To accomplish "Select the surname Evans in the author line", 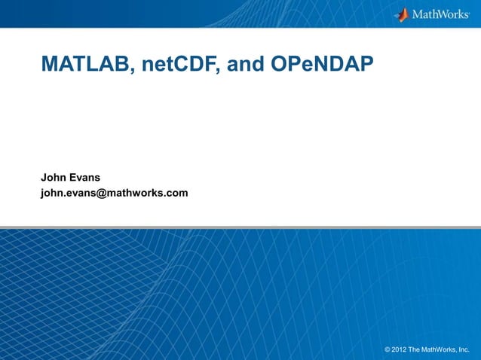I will [85, 178].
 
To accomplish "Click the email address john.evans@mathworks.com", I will [114, 194].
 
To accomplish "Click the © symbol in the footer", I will [388, 350].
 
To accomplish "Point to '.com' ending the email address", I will [176, 194].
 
